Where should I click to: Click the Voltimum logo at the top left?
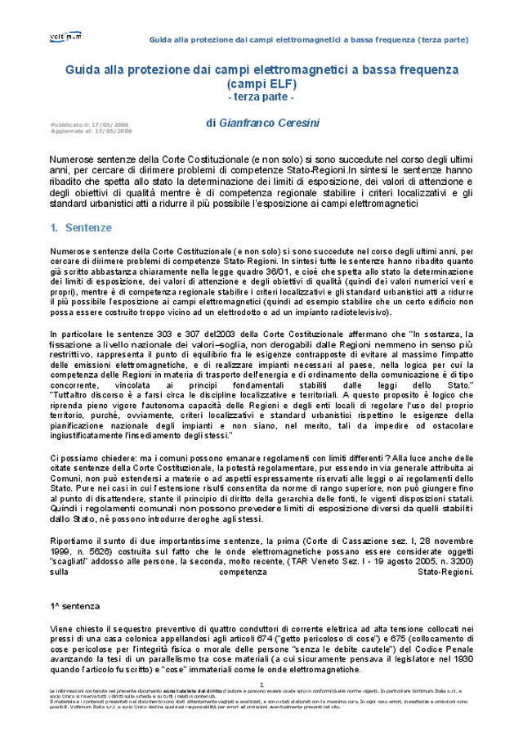(66, 37)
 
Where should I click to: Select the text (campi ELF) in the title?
(261, 83)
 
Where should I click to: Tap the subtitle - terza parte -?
(261, 97)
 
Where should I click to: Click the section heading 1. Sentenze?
(81, 227)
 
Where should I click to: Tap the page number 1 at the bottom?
(261, 684)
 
